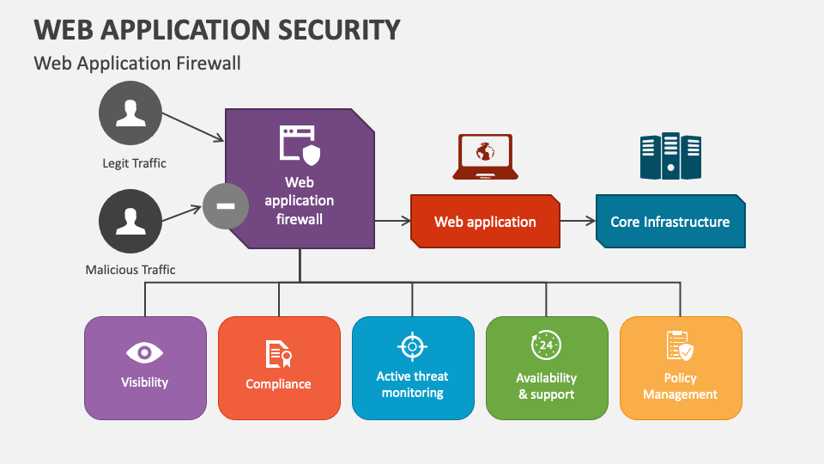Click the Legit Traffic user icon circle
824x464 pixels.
[x=130, y=113]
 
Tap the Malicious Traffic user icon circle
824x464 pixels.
[x=130, y=221]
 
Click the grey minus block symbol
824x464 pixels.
[x=226, y=205]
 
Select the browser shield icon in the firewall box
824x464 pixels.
[x=300, y=145]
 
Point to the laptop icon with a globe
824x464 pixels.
[x=485, y=156]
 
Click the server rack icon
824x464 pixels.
[x=670, y=156]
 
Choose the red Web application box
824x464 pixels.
[x=485, y=222]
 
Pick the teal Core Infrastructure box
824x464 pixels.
[x=670, y=222]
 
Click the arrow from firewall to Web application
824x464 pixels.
[x=392, y=221]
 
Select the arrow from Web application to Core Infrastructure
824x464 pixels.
[x=578, y=221]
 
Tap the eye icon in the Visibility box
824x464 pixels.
[x=144, y=352]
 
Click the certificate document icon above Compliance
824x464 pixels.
[x=278, y=354]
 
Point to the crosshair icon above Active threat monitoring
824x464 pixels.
[x=413, y=346]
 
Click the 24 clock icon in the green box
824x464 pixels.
[x=547, y=345]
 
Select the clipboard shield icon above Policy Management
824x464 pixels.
[x=680, y=345]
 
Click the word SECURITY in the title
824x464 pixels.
[x=339, y=30]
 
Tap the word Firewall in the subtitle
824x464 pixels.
[x=208, y=63]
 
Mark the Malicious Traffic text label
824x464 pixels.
[x=130, y=270]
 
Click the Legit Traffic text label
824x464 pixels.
[x=134, y=163]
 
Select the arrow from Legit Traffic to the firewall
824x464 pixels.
[x=193, y=127]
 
